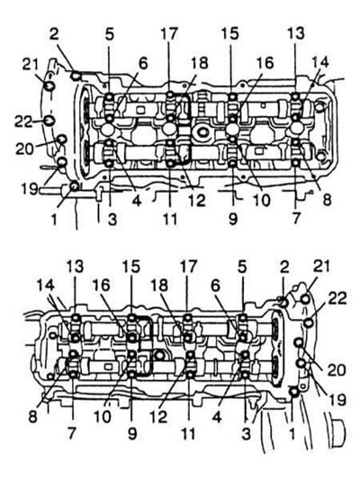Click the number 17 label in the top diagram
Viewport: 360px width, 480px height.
[x=169, y=34]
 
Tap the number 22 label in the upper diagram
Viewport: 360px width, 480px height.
[x=24, y=122]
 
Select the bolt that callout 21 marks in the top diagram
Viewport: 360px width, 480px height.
[x=49, y=86]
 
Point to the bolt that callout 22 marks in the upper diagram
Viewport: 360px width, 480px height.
[x=49, y=121]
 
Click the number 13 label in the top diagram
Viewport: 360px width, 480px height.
[x=296, y=33]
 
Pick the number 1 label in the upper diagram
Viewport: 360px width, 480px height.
[x=54, y=219]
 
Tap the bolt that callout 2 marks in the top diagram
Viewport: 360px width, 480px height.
[x=76, y=75]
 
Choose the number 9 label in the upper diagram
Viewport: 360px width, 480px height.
[x=233, y=219]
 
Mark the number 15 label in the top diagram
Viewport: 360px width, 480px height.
[x=230, y=33]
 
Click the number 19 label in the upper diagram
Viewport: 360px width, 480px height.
[x=30, y=189]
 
